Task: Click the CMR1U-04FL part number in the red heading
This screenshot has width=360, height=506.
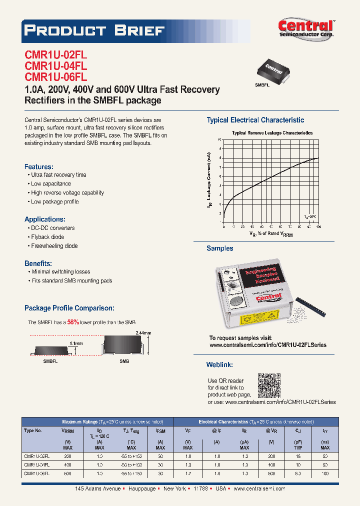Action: pos(56,66)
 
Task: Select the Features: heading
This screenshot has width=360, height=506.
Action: pos(39,166)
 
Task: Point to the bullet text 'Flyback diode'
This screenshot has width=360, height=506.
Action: pos(47,237)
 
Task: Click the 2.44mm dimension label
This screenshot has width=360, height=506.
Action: pos(143,332)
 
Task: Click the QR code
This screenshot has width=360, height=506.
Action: pos(269,385)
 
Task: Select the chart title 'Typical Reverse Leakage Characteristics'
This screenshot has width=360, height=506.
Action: pos(272,133)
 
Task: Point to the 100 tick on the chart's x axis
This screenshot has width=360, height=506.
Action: pos(318,226)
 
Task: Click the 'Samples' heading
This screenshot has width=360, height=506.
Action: pos(220,248)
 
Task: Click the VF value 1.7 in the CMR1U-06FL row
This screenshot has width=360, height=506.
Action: pos(188,473)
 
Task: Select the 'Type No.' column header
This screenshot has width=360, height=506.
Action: pos(33,430)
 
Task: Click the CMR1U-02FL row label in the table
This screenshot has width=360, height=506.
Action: pos(36,456)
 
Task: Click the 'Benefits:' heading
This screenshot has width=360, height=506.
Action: pos(38,263)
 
